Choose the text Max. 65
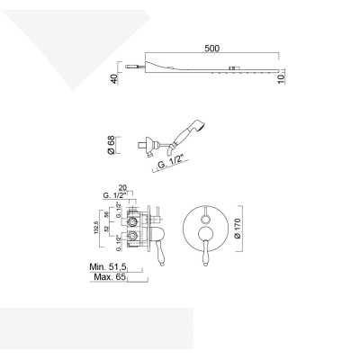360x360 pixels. click(107, 278)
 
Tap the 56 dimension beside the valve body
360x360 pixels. click(108, 217)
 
